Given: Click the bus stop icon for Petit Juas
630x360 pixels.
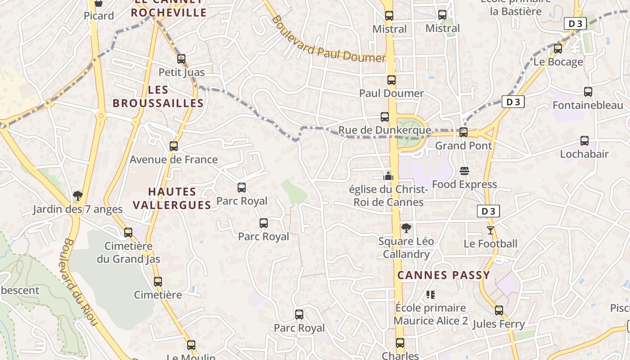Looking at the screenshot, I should (181, 59).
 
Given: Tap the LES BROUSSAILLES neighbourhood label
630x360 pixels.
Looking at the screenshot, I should (158, 97).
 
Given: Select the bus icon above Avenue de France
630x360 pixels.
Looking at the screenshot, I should (174, 146).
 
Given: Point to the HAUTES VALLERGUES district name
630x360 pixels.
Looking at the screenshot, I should (172, 198).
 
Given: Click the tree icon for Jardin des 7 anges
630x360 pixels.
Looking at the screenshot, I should (78, 196).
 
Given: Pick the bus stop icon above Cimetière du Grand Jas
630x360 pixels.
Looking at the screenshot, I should (128, 233).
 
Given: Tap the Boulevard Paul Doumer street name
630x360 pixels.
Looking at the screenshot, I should (328, 40).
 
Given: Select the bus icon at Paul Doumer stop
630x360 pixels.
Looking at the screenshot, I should (391, 81).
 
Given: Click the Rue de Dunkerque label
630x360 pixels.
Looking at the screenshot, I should (384, 130).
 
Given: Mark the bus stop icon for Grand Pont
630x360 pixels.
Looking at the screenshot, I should (463, 132).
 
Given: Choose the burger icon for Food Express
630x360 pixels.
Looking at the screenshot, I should (464, 171).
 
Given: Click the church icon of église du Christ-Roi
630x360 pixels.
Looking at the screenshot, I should (388, 176).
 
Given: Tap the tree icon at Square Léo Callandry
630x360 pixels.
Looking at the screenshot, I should (406, 228).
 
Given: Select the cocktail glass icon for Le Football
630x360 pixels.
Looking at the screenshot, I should (490, 230).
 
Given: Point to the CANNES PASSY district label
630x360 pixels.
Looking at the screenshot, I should (443, 275).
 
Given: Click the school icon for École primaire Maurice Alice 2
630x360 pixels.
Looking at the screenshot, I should (431, 295).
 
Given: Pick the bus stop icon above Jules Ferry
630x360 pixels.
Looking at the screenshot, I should (499, 310).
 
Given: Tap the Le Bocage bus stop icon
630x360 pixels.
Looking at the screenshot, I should (558, 49).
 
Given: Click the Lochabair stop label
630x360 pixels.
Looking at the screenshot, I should (584, 154).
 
